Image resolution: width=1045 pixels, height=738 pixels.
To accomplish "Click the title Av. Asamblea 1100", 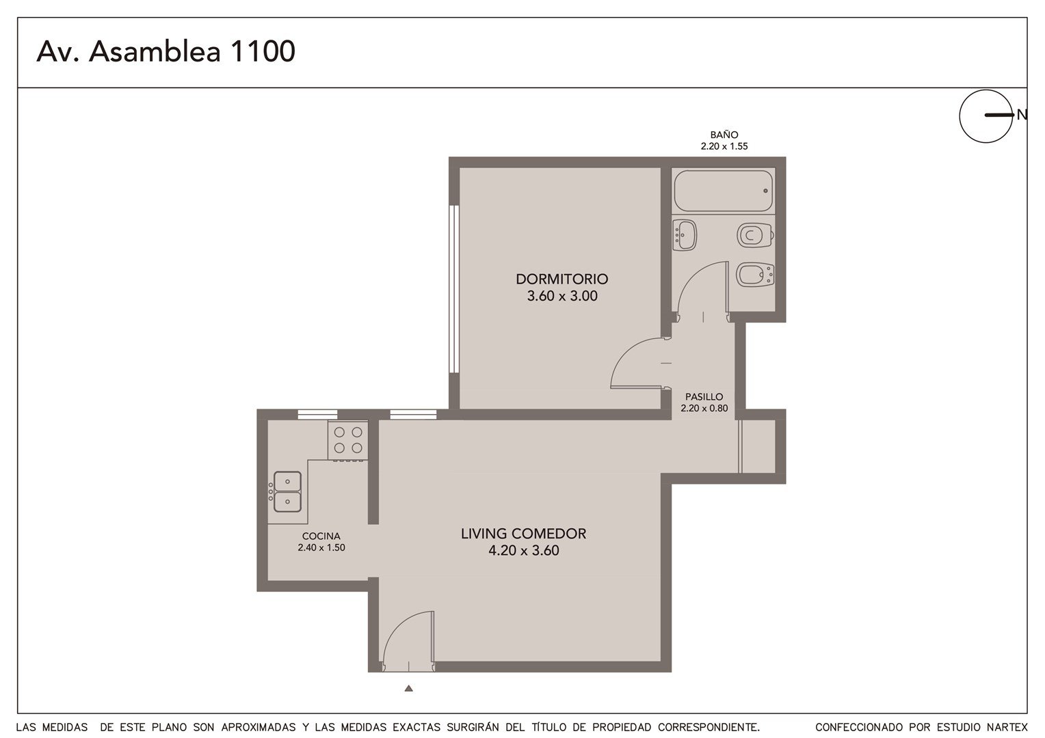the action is (166, 51).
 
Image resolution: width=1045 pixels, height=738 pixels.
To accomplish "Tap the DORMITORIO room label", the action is (561, 279).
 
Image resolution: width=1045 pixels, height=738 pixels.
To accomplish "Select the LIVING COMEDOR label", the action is (523, 534).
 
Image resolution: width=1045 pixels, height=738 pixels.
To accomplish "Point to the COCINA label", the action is (321, 536).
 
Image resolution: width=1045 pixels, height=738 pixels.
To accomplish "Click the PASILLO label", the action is (704, 397).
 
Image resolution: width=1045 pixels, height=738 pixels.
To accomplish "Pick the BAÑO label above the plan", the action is (724, 135).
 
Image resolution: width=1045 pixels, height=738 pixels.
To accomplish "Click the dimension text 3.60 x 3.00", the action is (562, 296).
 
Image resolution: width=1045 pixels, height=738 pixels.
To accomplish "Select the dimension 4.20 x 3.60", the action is (523, 551).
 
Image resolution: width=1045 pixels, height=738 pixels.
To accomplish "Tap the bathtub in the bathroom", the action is (723, 191).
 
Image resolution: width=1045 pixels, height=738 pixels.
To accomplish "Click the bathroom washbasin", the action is (685, 235).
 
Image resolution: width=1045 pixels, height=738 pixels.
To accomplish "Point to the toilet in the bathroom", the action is (755, 236).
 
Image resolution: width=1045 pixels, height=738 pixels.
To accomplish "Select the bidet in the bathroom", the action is (755, 275).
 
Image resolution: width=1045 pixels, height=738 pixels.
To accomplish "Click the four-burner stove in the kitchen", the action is (348, 441).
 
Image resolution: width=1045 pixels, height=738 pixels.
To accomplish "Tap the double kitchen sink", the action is (287, 491).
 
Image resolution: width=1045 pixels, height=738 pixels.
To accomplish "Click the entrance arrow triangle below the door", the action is (409, 688).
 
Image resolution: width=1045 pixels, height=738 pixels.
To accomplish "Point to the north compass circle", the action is (986, 116).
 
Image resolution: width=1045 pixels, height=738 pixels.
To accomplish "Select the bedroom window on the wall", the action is (454, 289).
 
